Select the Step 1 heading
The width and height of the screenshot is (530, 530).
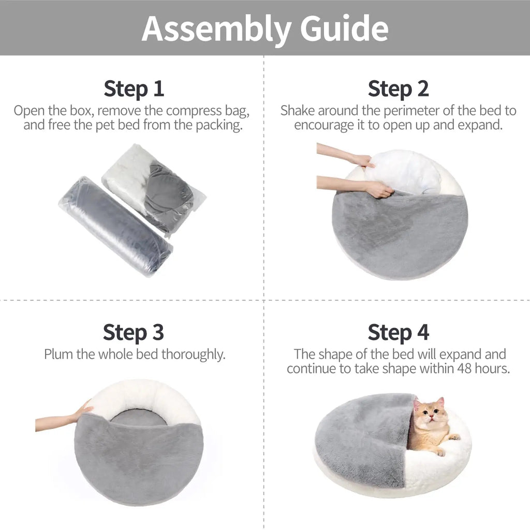click(x=134, y=89)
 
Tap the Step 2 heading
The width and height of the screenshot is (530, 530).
click(x=398, y=89)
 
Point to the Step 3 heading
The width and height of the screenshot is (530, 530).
click(x=134, y=332)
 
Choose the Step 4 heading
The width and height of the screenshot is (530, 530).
click(x=398, y=332)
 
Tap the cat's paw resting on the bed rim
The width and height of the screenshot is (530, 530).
click(x=454, y=437)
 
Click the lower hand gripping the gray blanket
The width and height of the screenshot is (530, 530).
click(x=378, y=189)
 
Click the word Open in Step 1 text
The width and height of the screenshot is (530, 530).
click(x=27, y=111)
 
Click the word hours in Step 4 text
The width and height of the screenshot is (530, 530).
click(x=495, y=369)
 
